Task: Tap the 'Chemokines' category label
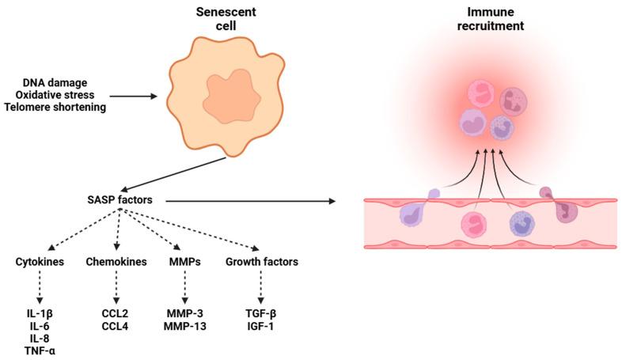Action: pyautogui.click(x=117, y=262)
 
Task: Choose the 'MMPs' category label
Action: pyautogui.click(x=184, y=262)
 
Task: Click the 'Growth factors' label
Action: pyautogui.click(x=261, y=262)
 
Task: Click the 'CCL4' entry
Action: pyautogui.click(x=117, y=325)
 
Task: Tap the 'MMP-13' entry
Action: pyautogui.click(x=184, y=325)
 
